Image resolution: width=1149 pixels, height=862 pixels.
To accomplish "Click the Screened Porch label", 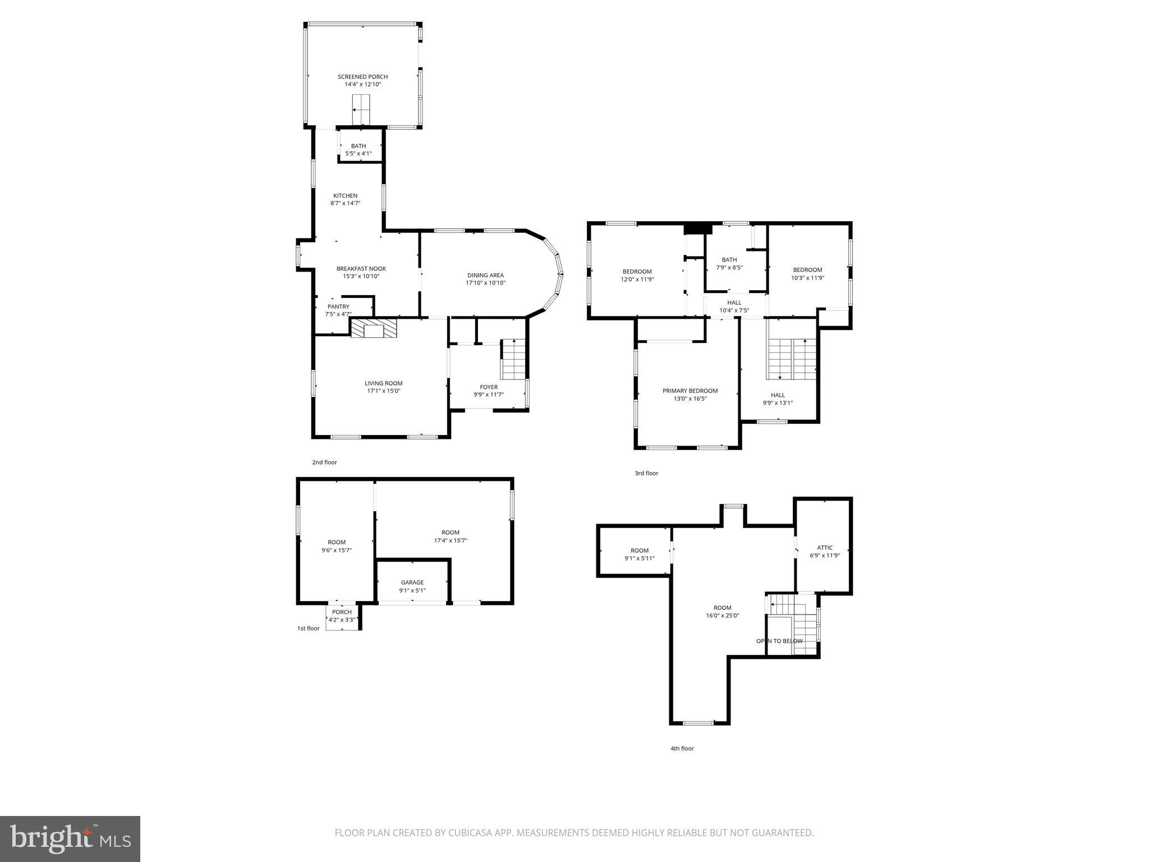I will [x=362, y=77].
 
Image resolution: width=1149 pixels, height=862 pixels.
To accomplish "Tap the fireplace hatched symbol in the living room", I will [x=373, y=328].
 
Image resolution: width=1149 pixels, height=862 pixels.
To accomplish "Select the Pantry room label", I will [x=338, y=307].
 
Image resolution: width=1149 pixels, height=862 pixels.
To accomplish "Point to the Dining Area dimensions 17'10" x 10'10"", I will [x=485, y=283].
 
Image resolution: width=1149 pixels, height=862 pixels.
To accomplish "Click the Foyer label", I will [x=488, y=387].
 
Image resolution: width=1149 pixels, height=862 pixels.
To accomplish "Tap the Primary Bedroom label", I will [x=690, y=391].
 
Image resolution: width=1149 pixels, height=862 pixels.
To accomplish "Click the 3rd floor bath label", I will [x=729, y=260].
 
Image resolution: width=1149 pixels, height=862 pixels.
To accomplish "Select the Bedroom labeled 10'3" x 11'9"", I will [x=807, y=270].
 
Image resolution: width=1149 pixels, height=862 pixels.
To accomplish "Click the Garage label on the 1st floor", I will [x=412, y=583].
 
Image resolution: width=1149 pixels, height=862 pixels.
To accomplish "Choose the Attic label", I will [x=824, y=548].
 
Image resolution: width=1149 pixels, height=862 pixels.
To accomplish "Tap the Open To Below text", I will [x=779, y=641].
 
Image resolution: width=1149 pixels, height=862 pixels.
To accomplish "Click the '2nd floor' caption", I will [x=324, y=462].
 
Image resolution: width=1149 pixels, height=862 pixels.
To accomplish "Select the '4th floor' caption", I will [x=682, y=749].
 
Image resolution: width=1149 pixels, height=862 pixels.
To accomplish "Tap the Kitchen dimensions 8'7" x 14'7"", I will [x=345, y=203].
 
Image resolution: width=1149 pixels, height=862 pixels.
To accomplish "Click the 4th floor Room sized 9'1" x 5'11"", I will [x=639, y=551].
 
